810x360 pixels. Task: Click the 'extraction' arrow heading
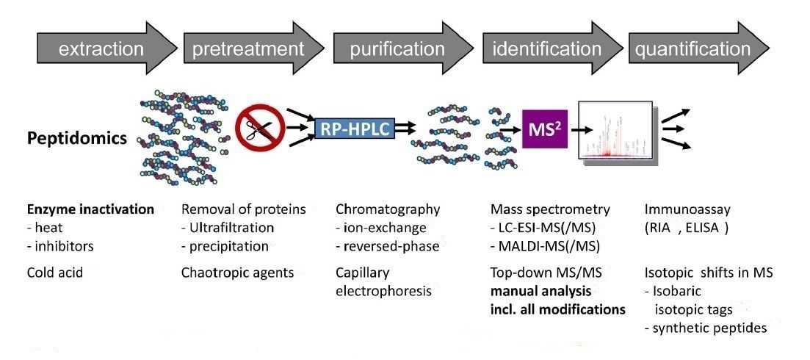[x=101, y=50]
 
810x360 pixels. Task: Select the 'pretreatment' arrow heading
[x=248, y=50]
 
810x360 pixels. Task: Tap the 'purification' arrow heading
[x=397, y=50]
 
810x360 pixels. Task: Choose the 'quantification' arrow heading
[x=693, y=50]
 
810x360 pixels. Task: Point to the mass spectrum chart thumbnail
[x=615, y=130]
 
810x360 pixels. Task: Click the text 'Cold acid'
[x=55, y=273]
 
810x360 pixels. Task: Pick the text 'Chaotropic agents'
[x=237, y=273]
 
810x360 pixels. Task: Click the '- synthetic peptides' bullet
[x=705, y=327]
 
